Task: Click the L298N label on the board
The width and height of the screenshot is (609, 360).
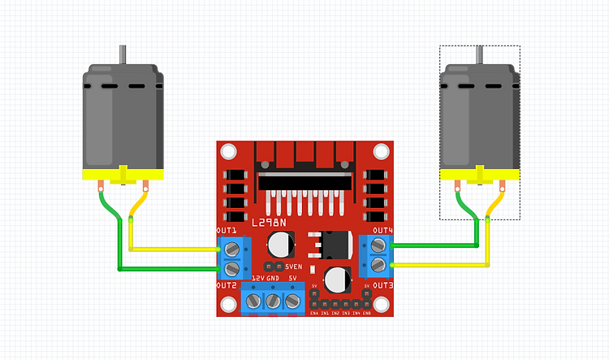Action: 268,222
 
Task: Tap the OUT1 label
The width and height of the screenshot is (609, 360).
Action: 227,232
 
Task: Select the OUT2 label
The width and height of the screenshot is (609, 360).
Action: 227,286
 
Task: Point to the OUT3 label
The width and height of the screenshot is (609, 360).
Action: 383,286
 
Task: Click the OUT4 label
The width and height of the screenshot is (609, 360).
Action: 383,232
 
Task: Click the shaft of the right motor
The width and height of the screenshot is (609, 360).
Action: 480,55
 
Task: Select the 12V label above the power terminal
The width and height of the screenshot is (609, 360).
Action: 257,278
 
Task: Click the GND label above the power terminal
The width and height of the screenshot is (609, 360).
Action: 273,278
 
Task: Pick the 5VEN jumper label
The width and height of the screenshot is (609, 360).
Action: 293,267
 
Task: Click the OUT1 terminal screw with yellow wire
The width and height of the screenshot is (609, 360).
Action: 232,248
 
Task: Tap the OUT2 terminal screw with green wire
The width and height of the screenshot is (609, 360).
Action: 232,267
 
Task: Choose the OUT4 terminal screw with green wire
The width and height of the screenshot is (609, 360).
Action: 378,246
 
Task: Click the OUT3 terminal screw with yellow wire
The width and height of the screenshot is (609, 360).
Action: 378,264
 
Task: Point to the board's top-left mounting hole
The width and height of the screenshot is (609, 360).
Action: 229,152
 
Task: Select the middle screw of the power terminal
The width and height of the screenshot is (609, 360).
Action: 273,301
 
